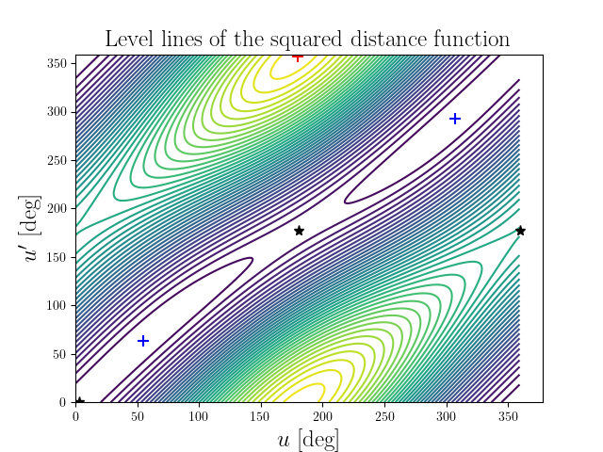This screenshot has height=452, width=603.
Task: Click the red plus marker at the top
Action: tap(298, 56)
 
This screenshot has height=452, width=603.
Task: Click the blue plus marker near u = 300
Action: tap(455, 119)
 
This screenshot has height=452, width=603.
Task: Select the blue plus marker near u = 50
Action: tap(143, 341)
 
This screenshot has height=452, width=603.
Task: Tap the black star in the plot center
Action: tap(299, 231)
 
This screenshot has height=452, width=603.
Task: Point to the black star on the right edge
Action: tap(520, 231)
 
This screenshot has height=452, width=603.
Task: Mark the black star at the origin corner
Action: tap(79, 402)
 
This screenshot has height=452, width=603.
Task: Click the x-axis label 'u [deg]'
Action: tap(308, 439)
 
